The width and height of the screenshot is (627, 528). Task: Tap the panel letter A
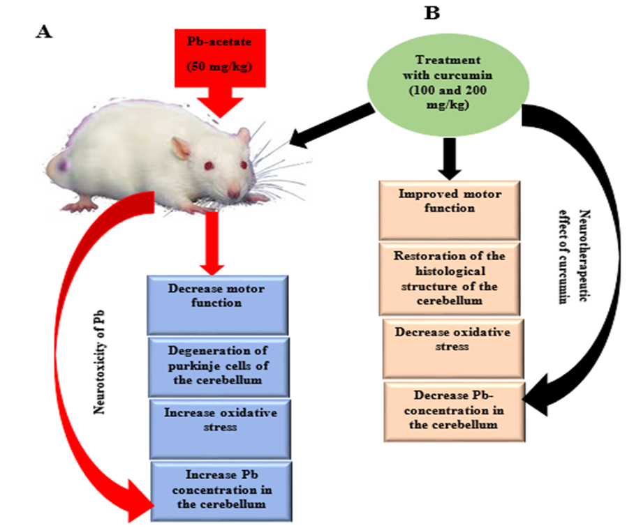[43, 33]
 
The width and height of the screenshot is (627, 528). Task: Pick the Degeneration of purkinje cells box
[218, 365]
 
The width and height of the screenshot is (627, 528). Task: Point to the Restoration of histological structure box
[449, 277]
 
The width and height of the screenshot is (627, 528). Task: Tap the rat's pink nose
[233, 193]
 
